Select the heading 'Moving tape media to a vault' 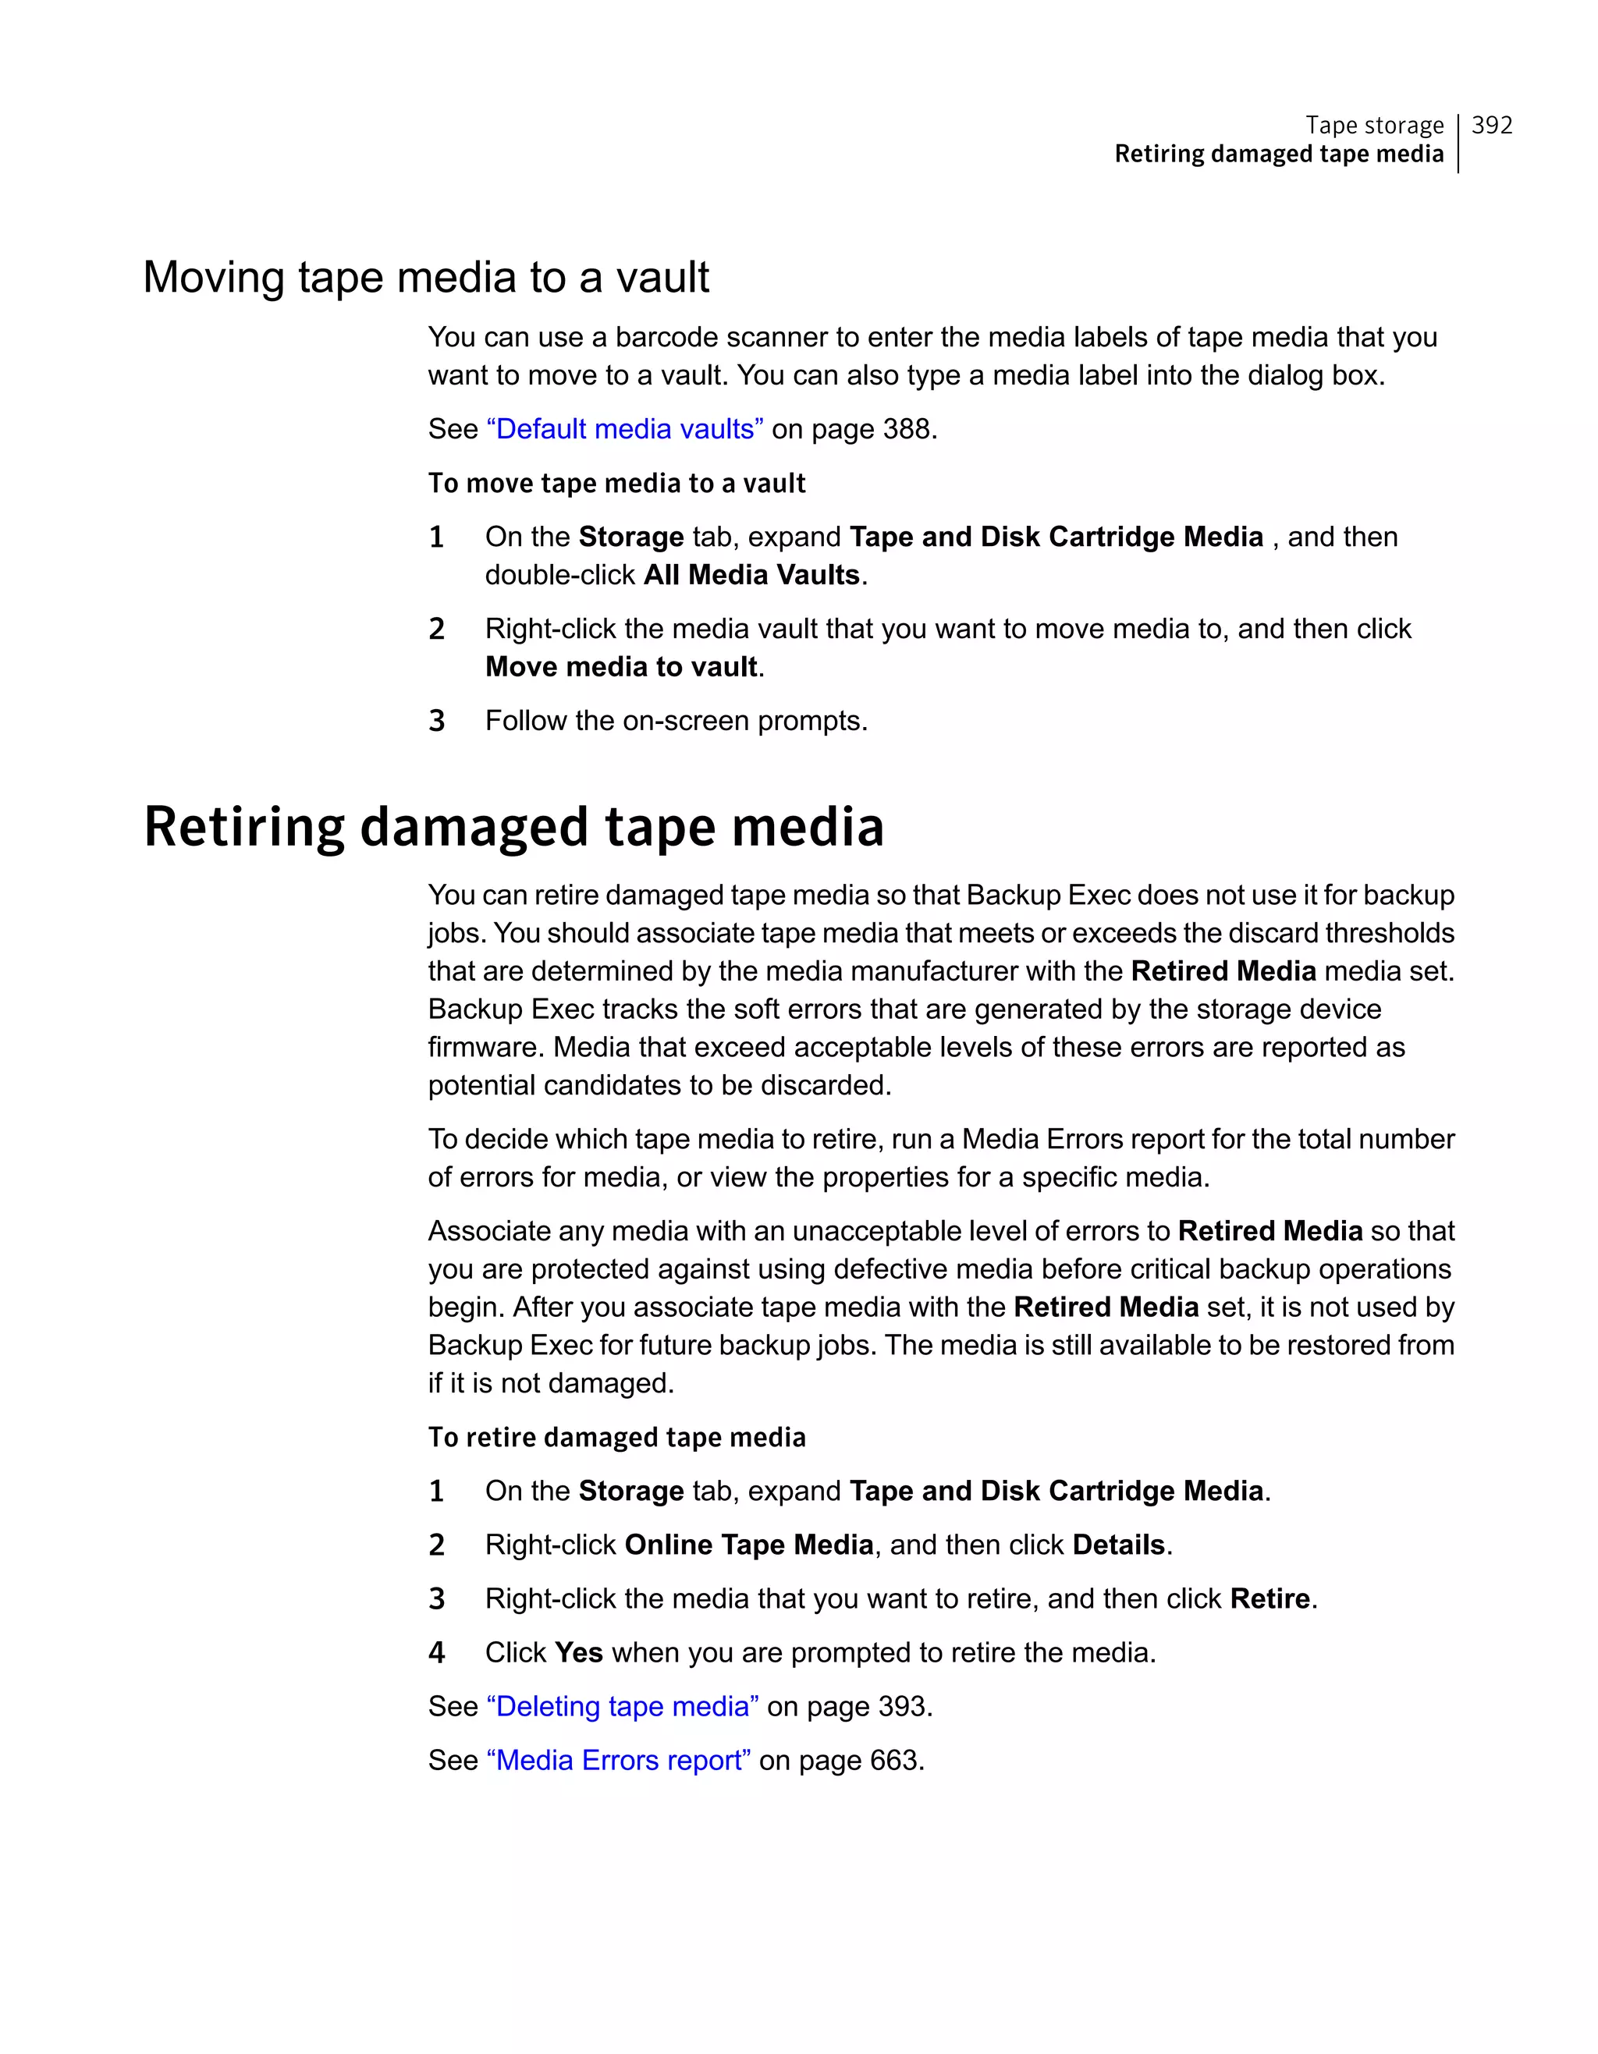tap(426, 278)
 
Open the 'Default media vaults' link tap(624, 430)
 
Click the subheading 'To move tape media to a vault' tap(616, 484)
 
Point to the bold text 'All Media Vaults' tap(751, 575)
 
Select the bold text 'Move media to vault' tap(621, 667)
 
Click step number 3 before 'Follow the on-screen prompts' tap(436, 722)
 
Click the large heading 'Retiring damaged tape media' tap(513, 828)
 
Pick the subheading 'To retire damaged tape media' tap(616, 1437)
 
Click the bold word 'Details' tap(1118, 1545)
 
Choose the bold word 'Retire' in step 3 tap(1270, 1598)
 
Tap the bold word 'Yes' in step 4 tap(578, 1652)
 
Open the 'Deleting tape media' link tap(623, 1706)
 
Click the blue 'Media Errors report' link tap(618, 1761)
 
